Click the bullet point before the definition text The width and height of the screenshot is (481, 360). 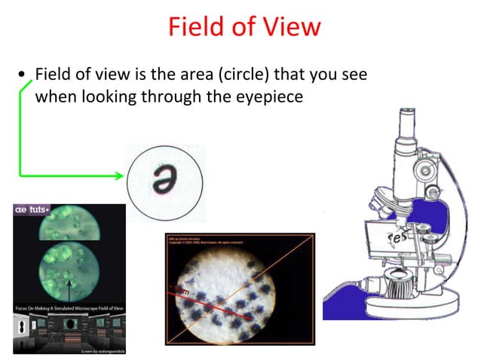pos(23,75)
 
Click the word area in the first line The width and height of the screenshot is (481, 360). pos(191,75)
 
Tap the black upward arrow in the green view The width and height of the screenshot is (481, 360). pos(69,288)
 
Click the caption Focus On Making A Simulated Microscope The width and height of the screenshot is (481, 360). pos(68,309)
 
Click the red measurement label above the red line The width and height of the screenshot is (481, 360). pos(183,291)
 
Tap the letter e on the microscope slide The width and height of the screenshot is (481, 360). pos(394,239)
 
